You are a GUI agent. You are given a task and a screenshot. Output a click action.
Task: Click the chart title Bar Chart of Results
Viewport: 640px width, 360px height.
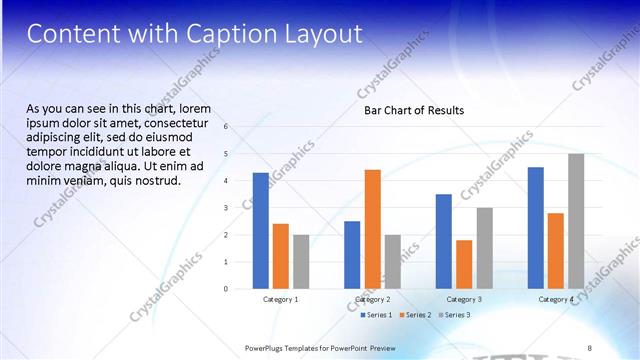click(413, 110)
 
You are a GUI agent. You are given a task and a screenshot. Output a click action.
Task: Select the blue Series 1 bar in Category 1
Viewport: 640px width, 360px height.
click(260, 231)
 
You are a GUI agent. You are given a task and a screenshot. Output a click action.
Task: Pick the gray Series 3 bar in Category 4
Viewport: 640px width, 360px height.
click(576, 221)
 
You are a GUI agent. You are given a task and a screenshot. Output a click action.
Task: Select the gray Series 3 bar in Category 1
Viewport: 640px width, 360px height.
click(301, 262)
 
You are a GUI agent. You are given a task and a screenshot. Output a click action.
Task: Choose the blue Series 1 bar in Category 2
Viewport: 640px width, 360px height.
click(352, 255)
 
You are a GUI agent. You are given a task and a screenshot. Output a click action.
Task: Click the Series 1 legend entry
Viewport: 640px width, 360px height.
click(376, 315)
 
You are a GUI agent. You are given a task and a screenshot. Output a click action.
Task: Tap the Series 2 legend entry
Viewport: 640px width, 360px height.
click(415, 315)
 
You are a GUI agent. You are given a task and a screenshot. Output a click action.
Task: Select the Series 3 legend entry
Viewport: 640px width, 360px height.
click(454, 315)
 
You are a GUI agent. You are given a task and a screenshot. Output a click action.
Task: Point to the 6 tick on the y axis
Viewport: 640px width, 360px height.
click(226, 127)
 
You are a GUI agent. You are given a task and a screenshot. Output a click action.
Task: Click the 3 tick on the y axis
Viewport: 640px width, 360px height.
click(226, 208)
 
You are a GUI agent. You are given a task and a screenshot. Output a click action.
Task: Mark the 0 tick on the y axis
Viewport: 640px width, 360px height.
click(226, 289)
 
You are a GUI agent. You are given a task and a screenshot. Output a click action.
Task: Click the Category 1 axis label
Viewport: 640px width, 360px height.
click(280, 299)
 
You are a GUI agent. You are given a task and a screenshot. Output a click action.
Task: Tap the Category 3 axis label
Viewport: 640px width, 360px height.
click(464, 299)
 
